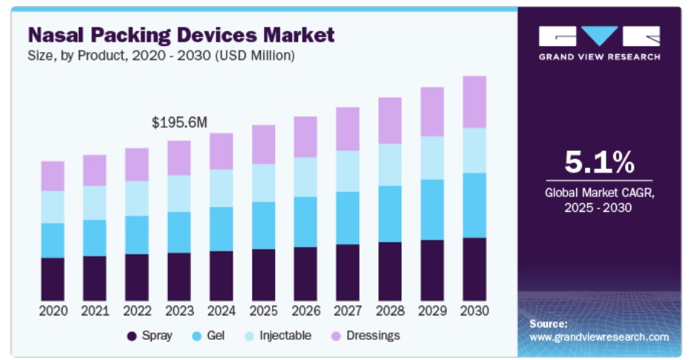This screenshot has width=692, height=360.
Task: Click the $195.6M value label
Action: pos(178,123)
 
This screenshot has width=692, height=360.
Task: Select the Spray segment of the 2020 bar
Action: pos(53,279)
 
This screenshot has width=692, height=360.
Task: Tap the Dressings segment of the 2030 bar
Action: pos(474,102)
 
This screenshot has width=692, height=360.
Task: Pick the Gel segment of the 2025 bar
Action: pos(263,225)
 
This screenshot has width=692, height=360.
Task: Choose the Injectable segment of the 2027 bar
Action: pos(348,171)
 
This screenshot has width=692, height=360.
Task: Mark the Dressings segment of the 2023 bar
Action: pos(179,158)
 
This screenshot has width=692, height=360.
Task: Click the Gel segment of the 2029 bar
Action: pos(432,210)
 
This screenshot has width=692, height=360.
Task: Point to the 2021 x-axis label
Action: pos(94,310)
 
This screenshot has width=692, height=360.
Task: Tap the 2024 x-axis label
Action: pos(221,310)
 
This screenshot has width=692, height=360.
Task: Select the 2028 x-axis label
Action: pos(389,310)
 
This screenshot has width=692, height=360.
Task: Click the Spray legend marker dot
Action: pos(132,336)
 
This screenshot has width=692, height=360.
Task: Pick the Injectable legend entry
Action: pos(279,335)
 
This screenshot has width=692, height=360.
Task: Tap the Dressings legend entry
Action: pos(366,335)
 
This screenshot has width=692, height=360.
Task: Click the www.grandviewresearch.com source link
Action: pos(598,337)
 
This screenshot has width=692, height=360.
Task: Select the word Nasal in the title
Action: pos(56,34)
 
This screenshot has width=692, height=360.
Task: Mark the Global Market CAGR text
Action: pos(598,193)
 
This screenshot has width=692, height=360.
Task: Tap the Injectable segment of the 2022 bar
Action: pos(137,199)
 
